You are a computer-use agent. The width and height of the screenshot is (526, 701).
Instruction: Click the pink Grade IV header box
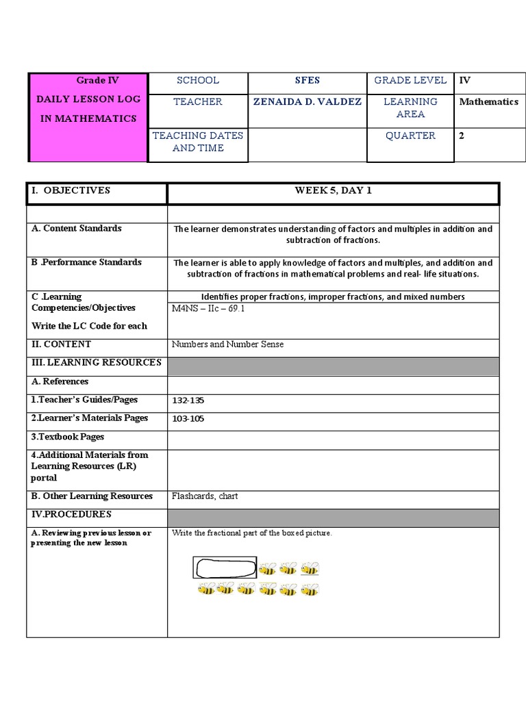tap(88, 117)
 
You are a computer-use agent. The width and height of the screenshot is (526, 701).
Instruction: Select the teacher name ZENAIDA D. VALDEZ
tap(308, 102)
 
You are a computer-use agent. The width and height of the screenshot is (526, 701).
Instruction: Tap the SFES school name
tap(308, 81)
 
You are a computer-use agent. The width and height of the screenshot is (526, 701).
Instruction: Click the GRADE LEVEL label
tap(410, 81)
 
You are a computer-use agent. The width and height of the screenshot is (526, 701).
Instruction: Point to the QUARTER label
tap(410, 136)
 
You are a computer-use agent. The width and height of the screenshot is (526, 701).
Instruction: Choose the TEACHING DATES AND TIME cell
tap(198, 142)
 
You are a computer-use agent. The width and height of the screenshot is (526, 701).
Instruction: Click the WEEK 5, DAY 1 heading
tap(333, 191)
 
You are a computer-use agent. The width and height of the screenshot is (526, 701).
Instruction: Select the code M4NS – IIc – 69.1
tap(208, 309)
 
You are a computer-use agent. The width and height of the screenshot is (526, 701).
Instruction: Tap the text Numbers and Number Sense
tap(227, 344)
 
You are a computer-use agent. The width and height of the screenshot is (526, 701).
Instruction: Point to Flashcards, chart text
tap(205, 496)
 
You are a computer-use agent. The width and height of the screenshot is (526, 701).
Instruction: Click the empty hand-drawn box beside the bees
tap(225, 568)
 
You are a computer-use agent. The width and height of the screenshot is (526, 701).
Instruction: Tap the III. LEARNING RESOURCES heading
tap(96, 363)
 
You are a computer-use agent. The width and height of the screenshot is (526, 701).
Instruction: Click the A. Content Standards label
tap(77, 229)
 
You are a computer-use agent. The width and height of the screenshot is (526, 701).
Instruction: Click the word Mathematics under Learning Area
tap(488, 102)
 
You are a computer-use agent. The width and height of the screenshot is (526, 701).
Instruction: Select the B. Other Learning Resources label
tap(92, 496)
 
